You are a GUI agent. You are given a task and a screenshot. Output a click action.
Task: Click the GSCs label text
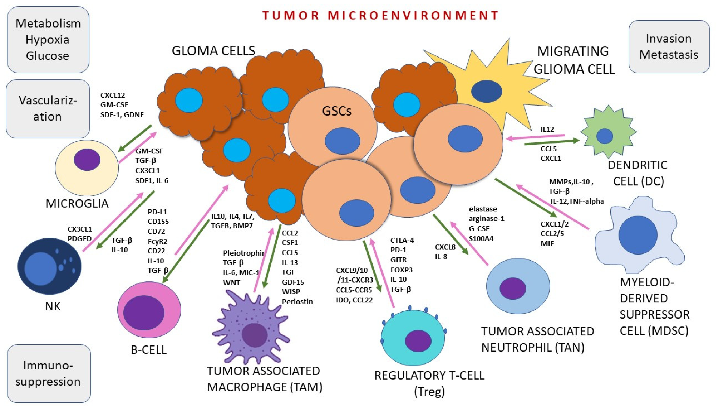[336, 111]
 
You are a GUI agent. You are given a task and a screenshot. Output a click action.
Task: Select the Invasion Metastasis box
[669, 46]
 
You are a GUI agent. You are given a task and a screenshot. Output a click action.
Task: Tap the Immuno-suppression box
[48, 373]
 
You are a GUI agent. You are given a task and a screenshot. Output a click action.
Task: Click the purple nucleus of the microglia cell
[87, 160]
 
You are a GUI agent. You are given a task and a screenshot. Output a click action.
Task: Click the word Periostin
[297, 302]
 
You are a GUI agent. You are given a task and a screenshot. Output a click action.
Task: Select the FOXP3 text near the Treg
[401, 270]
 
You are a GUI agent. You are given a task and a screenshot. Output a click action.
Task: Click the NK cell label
[53, 306]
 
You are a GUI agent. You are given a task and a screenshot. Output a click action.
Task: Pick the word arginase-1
[486, 219]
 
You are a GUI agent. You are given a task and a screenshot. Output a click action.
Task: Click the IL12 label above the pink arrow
[547, 129]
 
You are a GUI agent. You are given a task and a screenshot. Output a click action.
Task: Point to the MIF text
[547, 244]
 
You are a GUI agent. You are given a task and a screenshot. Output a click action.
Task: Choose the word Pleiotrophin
[243, 253]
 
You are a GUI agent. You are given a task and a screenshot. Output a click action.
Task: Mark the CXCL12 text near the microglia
[113, 95]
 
